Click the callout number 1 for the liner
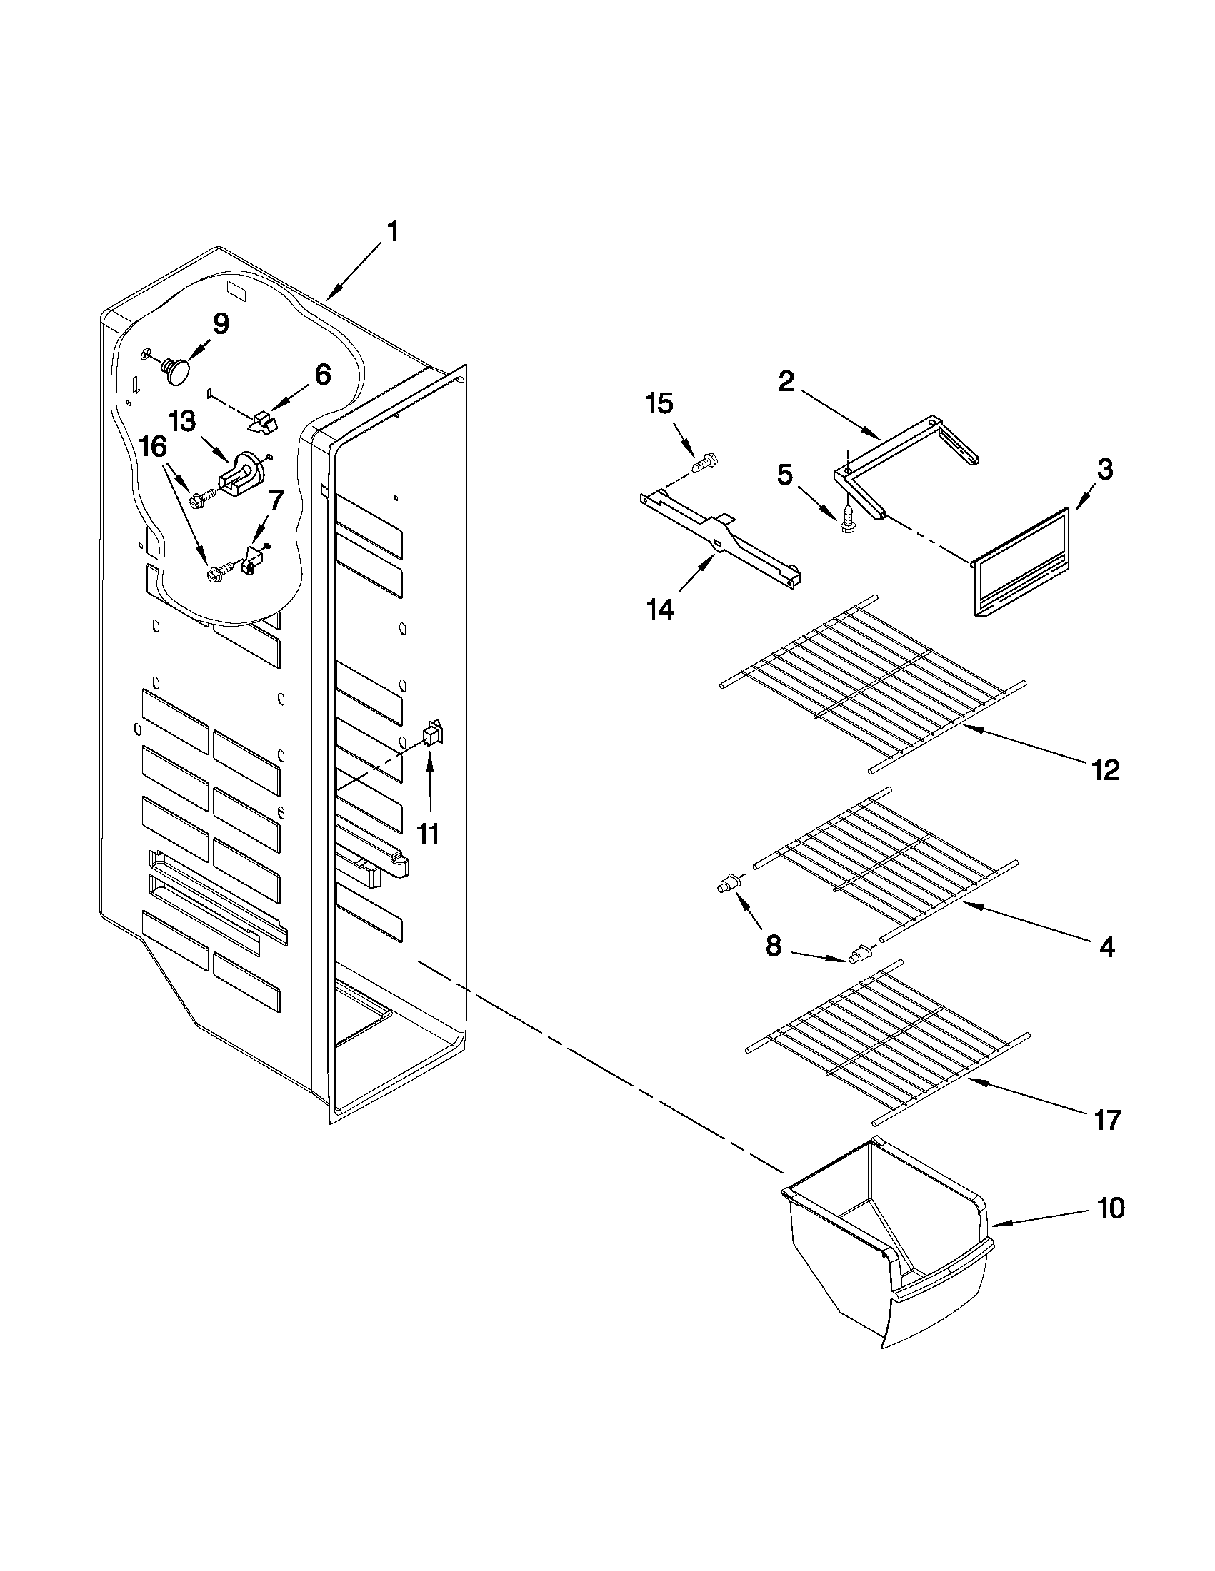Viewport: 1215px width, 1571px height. pos(392,232)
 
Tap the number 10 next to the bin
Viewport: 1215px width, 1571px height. pos(1111,1208)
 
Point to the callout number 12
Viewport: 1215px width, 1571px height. pos(1105,770)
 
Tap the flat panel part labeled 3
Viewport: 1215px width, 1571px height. pos(1021,562)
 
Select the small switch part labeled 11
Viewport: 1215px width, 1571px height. pos(433,734)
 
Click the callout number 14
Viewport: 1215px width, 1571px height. pos(660,610)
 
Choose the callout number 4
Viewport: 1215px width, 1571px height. pos(1106,947)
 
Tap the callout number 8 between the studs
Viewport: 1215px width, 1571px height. pos(772,946)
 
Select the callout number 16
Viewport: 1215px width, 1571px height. pos(154,447)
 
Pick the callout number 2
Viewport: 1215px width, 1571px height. pos(786,381)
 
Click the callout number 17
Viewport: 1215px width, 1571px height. pos(1107,1119)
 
